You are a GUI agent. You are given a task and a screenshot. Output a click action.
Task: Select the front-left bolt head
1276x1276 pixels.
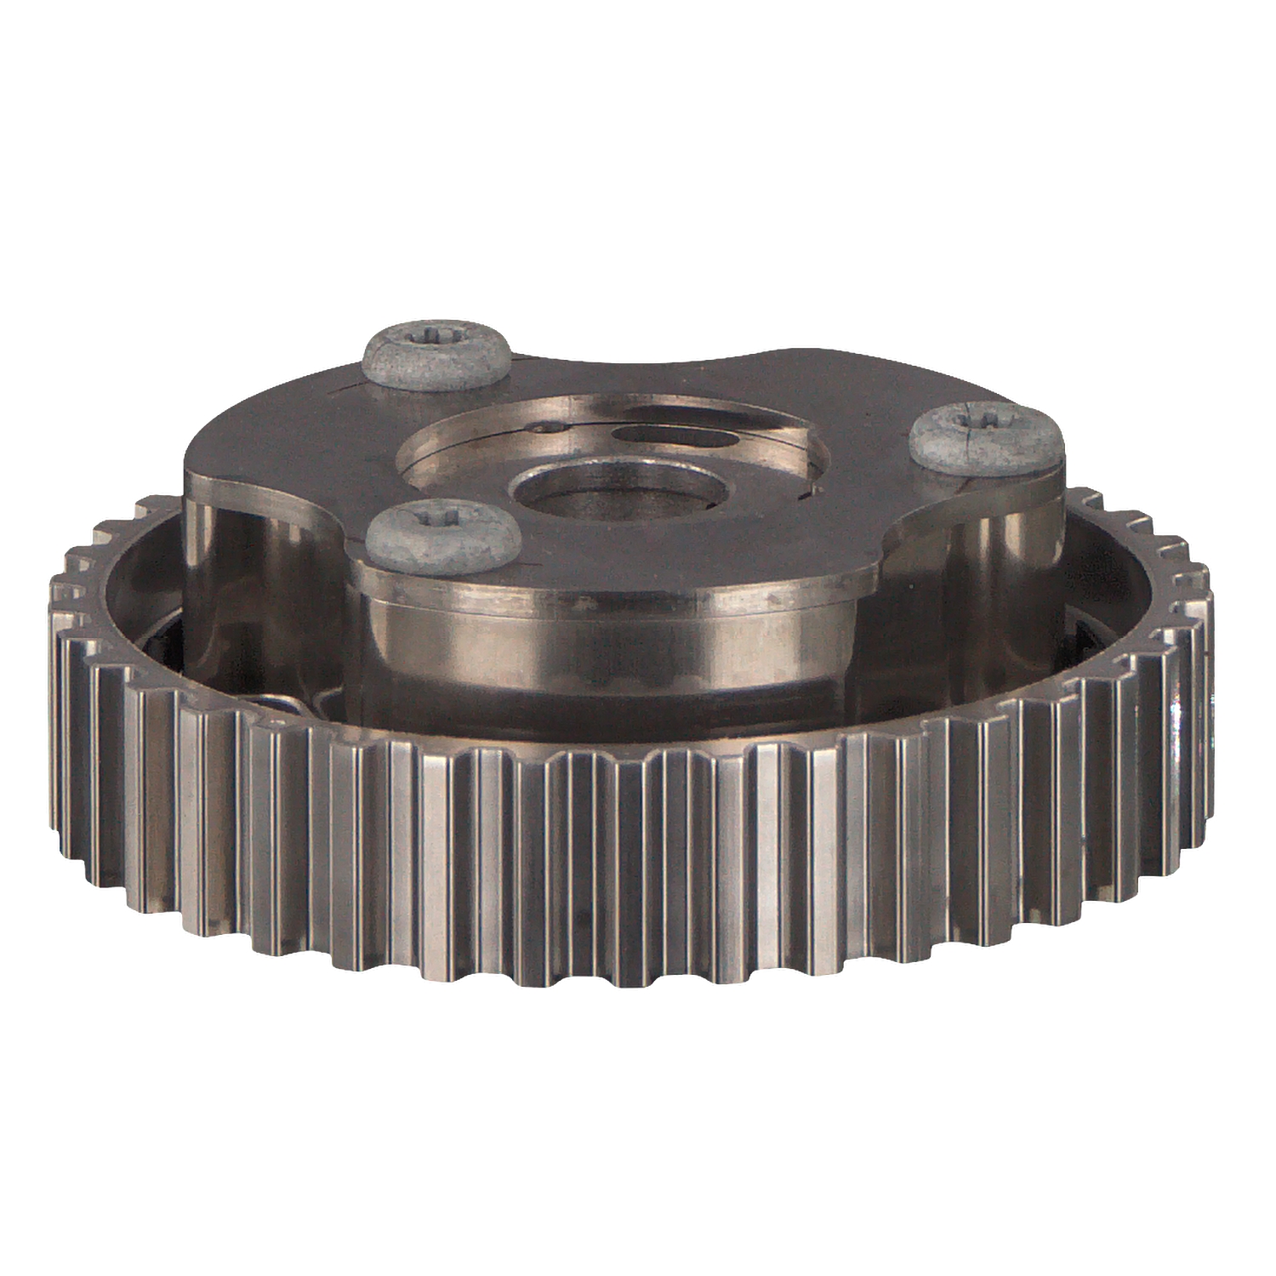(443, 535)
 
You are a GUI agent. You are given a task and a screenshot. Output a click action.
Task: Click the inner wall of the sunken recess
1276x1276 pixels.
(442, 442)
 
